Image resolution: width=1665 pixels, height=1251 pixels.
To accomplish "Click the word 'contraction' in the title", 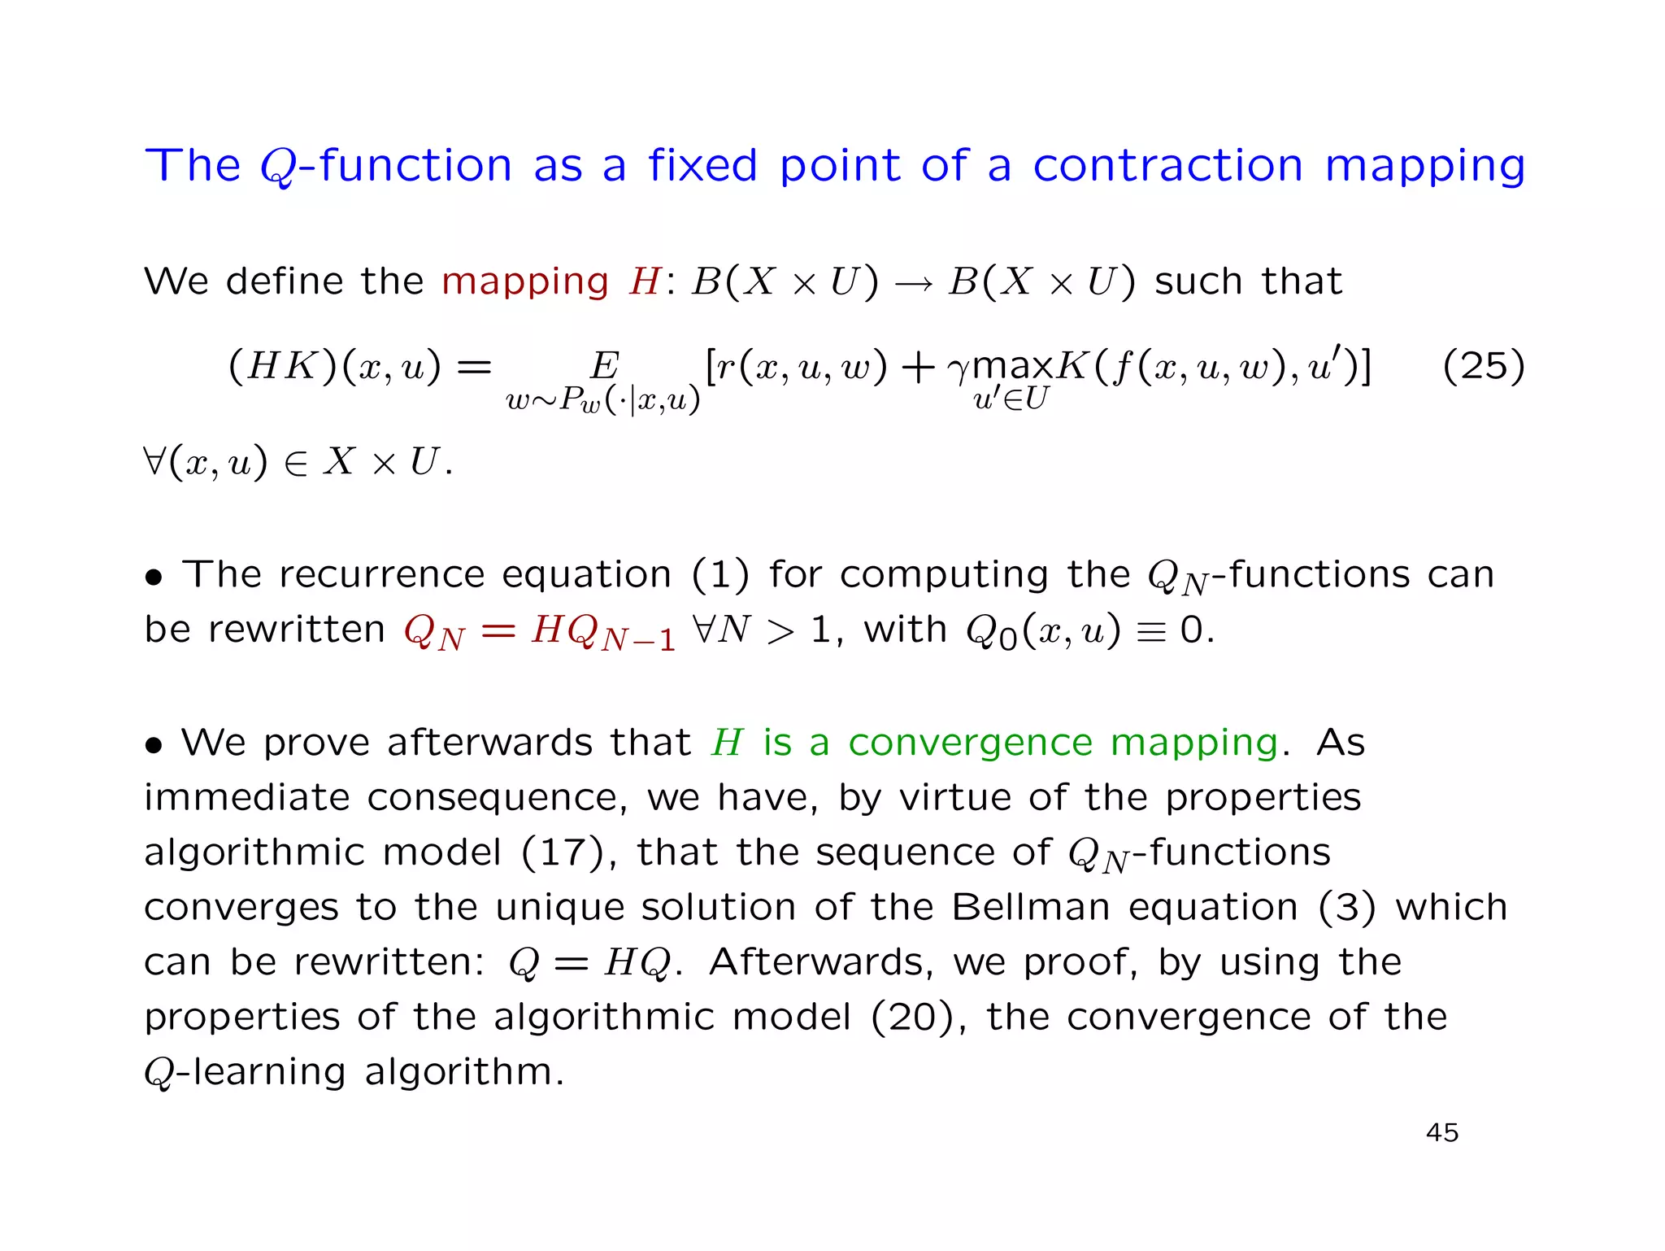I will click(1167, 166).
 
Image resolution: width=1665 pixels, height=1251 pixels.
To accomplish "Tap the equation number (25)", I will click(1483, 366).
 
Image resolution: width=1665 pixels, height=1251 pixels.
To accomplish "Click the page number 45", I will click(1442, 1132).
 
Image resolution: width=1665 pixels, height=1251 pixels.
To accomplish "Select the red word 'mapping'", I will click(524, 282).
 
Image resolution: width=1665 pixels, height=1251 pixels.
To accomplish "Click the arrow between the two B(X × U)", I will click(914, 284).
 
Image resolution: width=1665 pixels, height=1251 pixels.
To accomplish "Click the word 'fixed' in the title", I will click(702, 166).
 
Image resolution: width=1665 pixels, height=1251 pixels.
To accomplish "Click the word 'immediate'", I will click(246, 797).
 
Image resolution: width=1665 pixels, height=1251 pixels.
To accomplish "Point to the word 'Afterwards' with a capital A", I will click(819, 962).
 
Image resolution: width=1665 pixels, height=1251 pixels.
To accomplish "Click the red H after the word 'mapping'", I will click(645, 282).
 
